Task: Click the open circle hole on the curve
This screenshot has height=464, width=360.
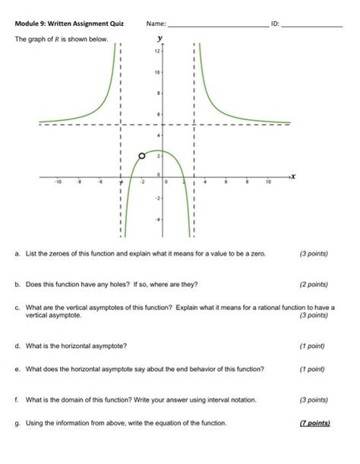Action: click(x=141, y=156)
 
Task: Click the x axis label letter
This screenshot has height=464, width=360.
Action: click(x=293, y=175)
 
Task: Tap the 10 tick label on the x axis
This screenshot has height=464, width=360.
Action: click(x=267, y=183)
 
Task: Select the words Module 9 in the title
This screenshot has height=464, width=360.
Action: click(x=31, y=24)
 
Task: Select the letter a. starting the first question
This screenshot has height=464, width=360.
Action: click(x=17, y=252)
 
